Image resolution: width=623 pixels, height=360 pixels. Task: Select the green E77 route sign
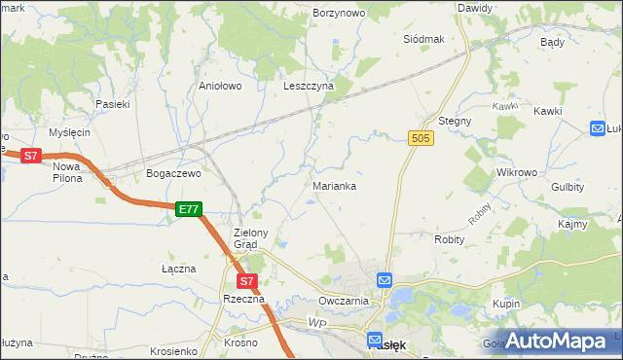tap(189, 209)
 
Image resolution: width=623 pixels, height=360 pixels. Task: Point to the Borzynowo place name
tap(339, 14)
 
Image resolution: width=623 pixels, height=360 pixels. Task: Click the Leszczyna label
tap(309, 86)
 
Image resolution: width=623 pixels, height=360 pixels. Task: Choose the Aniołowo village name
tap(219, 86)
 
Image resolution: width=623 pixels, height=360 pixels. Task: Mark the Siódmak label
tap(423, 39)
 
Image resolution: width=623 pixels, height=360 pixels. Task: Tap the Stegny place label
tap(455, 121)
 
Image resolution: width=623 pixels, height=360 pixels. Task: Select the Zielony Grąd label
tap(257, 238)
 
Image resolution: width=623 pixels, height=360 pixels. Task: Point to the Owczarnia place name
tap(344, 301)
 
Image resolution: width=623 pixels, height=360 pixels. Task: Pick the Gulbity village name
tap(568, 186)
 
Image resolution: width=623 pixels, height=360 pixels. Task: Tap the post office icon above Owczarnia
tap(385, 280)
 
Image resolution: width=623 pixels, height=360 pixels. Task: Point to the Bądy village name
tap(552, 43)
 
